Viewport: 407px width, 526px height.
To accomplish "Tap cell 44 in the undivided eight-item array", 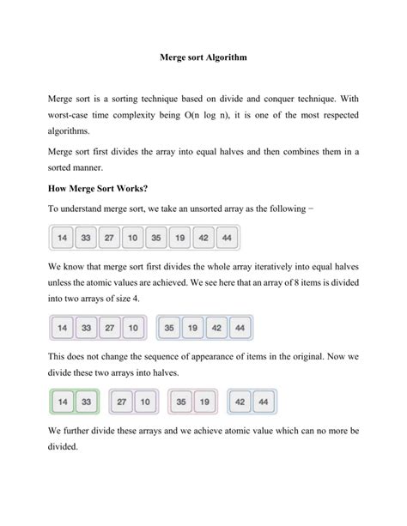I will pyautogui.click(x=226, y=238).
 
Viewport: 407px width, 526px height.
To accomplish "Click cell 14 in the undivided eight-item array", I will pyautogui.click(x=62, y=238).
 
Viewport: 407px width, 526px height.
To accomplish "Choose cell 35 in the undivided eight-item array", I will pyautogui.click(x=155, y=238).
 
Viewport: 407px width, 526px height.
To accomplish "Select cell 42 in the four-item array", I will pyautogui.click(x=216, y=328).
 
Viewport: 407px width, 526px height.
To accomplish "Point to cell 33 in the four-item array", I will pyautogui.click(x=85, y=328).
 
